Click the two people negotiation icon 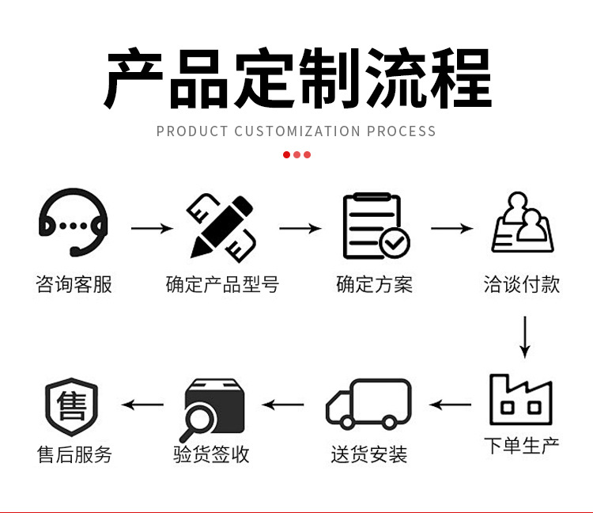522,224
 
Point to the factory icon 521,400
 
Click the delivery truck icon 369,405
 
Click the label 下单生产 522,446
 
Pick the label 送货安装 369,455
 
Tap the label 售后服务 74,455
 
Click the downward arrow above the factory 523,337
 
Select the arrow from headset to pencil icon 151,229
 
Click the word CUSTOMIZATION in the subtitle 297,131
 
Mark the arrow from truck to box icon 283,405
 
